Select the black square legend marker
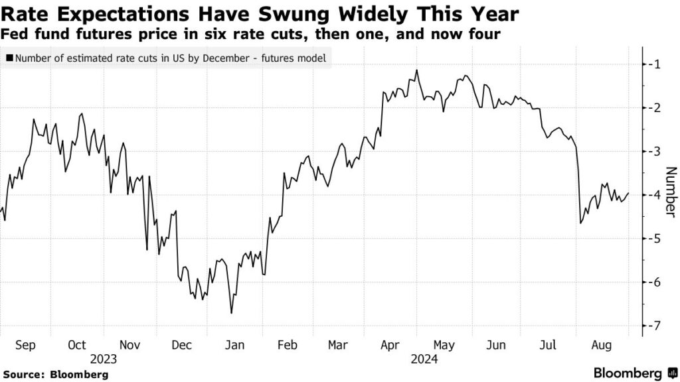pos(9,58)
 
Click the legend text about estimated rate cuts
pos(170,58)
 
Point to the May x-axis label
pos(444,345)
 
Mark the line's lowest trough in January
pos(231,313)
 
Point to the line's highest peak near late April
pos(416,70)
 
